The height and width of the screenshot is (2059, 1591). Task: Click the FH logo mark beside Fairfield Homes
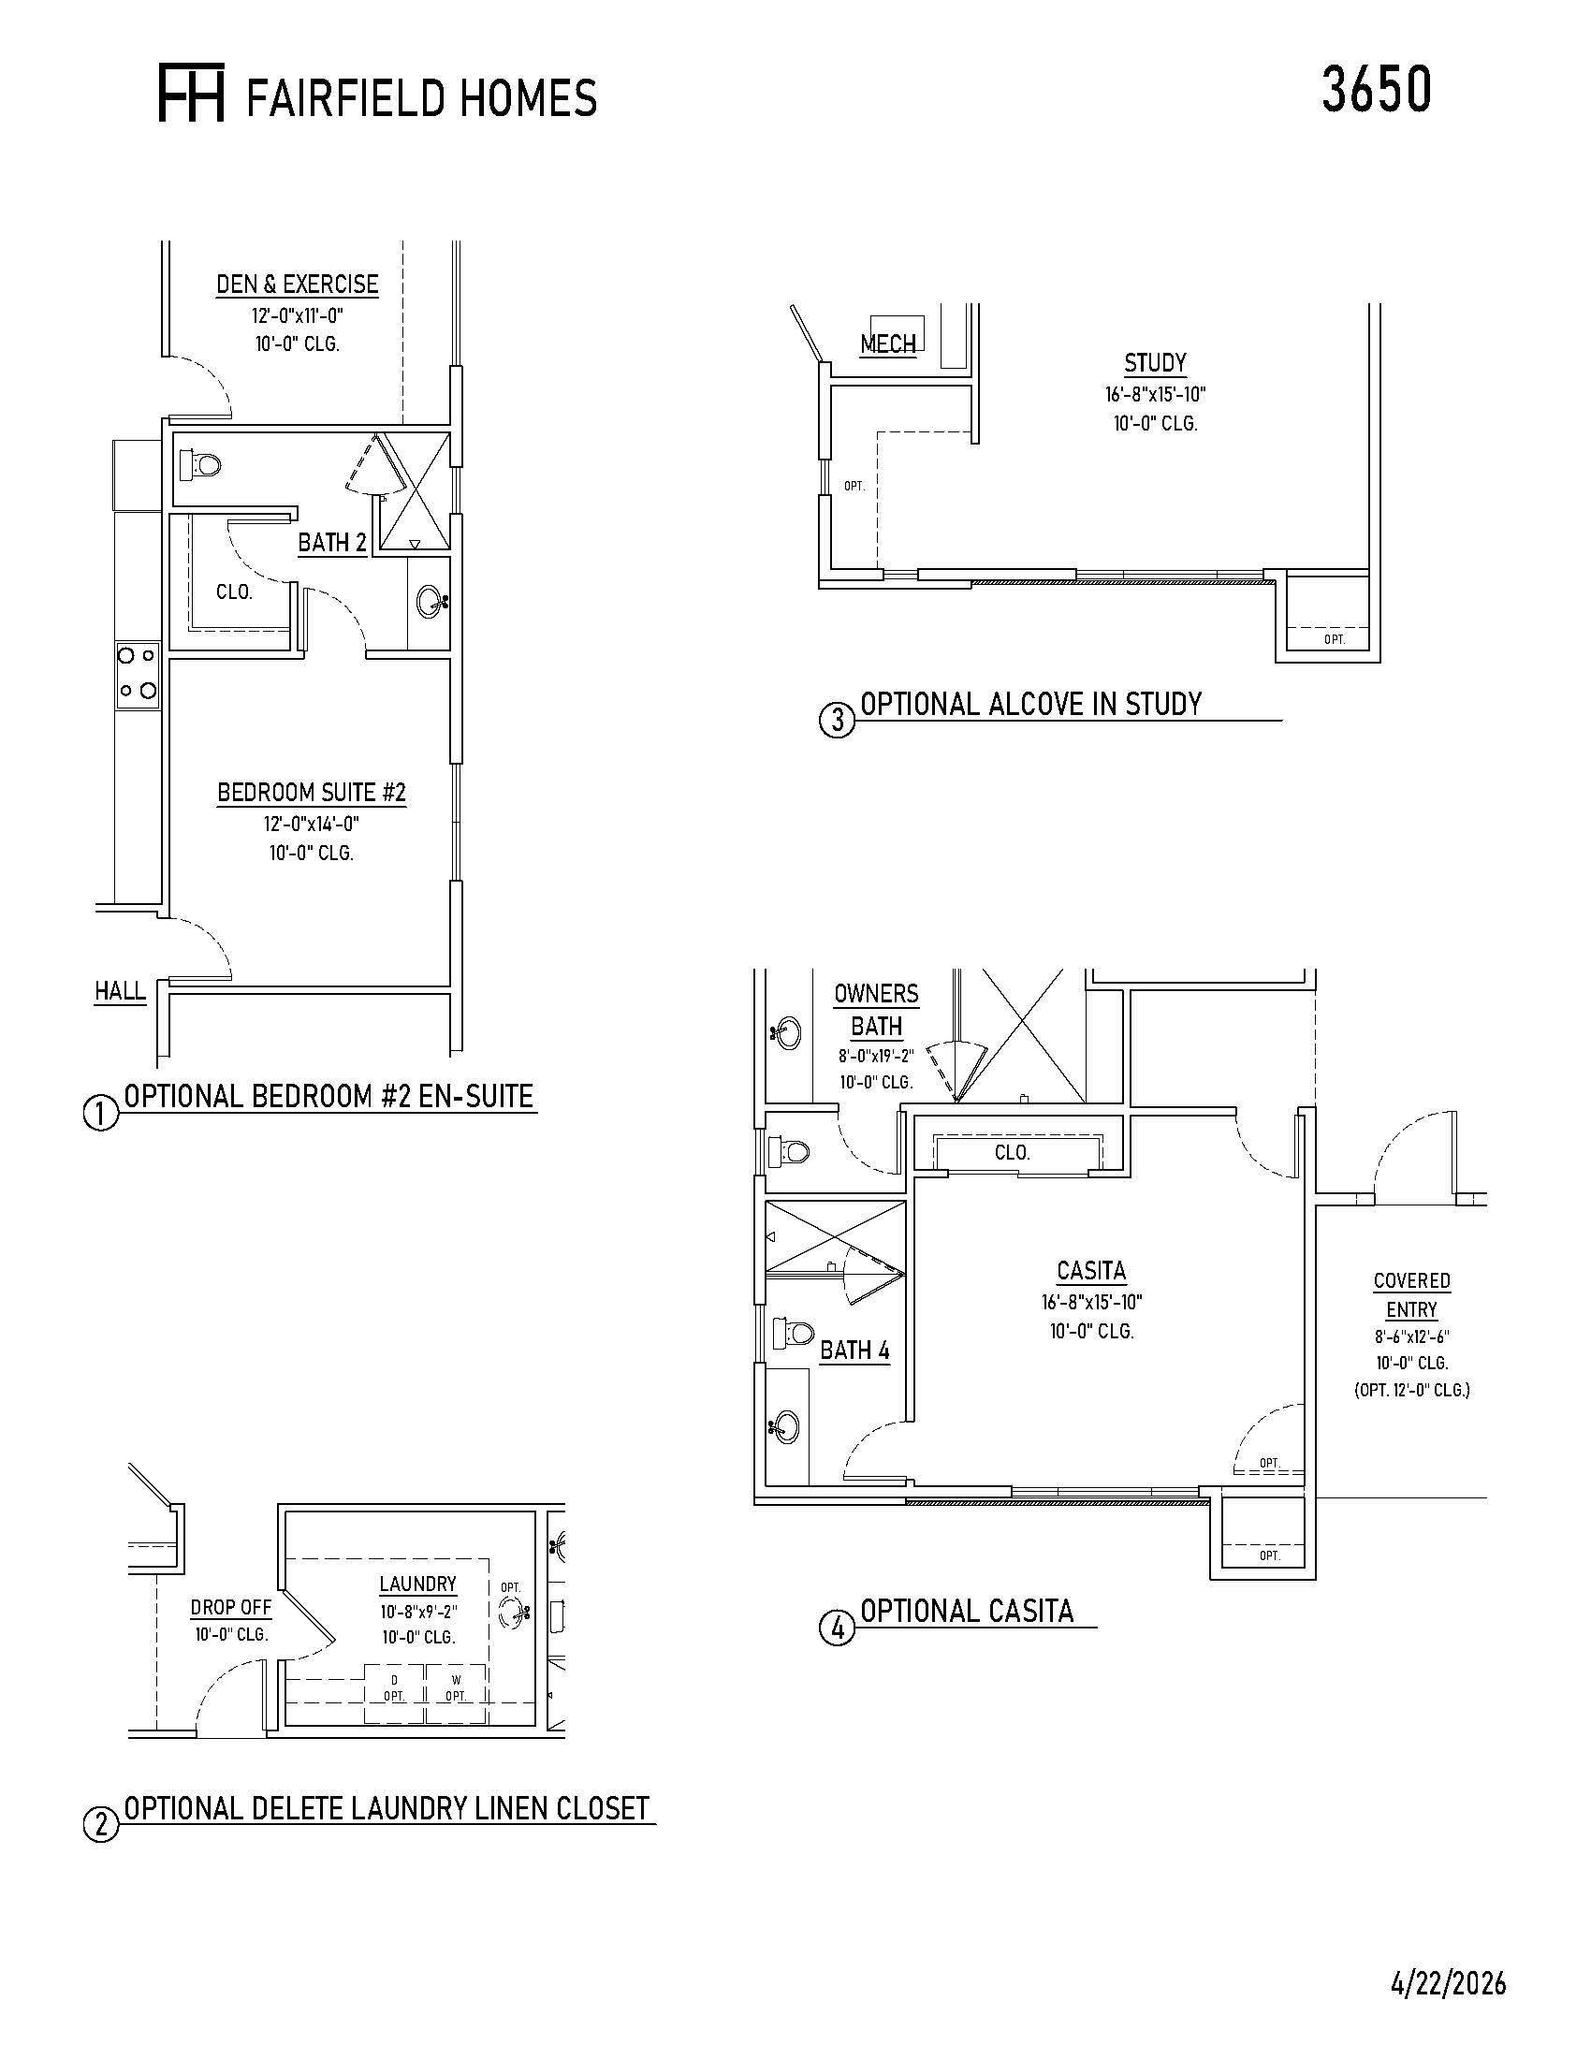(191, 95)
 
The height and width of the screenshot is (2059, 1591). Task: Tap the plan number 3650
(1376, 90)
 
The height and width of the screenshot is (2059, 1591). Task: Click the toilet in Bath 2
(201, 464)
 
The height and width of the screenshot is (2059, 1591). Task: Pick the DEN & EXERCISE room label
(297, 284)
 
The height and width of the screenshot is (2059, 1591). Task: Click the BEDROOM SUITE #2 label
(311, 793)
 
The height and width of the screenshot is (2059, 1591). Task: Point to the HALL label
(120, 991)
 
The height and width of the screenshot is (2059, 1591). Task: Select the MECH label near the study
(888, 344)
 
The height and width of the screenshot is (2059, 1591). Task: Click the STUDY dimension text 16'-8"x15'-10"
(1156, 394)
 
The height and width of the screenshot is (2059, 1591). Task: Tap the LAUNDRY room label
(417, 1584)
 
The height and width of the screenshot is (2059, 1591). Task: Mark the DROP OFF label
(231, 1607)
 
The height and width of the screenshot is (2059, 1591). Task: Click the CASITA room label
(1091, 1271)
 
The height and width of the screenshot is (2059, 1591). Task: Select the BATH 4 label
(854, 1350)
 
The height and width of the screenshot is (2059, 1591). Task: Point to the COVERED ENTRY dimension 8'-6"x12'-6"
(1411, 1336)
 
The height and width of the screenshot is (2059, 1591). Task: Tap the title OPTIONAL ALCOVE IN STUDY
(1031, 703)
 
